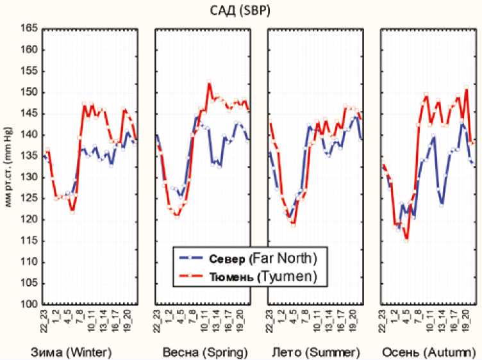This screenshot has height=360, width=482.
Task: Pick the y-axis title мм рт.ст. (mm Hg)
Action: click(8, 167)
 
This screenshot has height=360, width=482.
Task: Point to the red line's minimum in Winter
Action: click(72, 211)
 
